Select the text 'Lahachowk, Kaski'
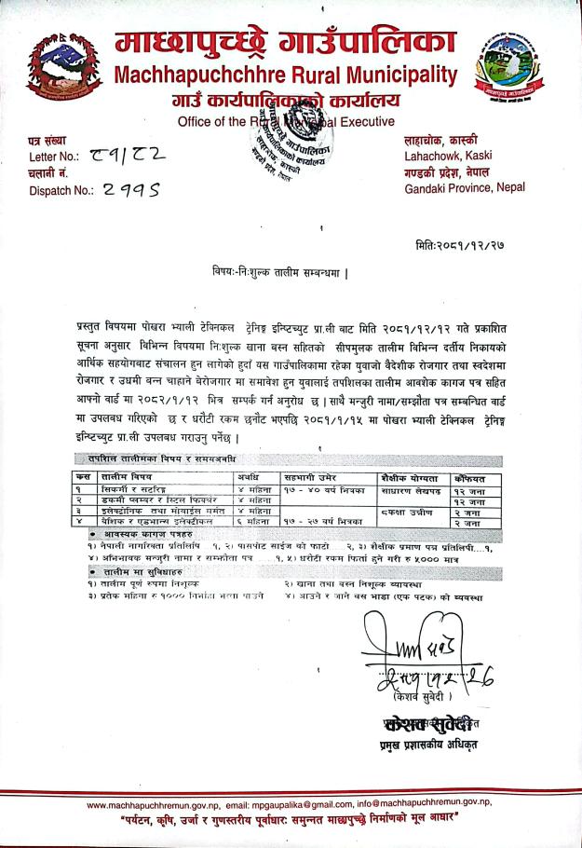[x=448, y=155]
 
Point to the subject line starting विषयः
[x=278, y=272]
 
